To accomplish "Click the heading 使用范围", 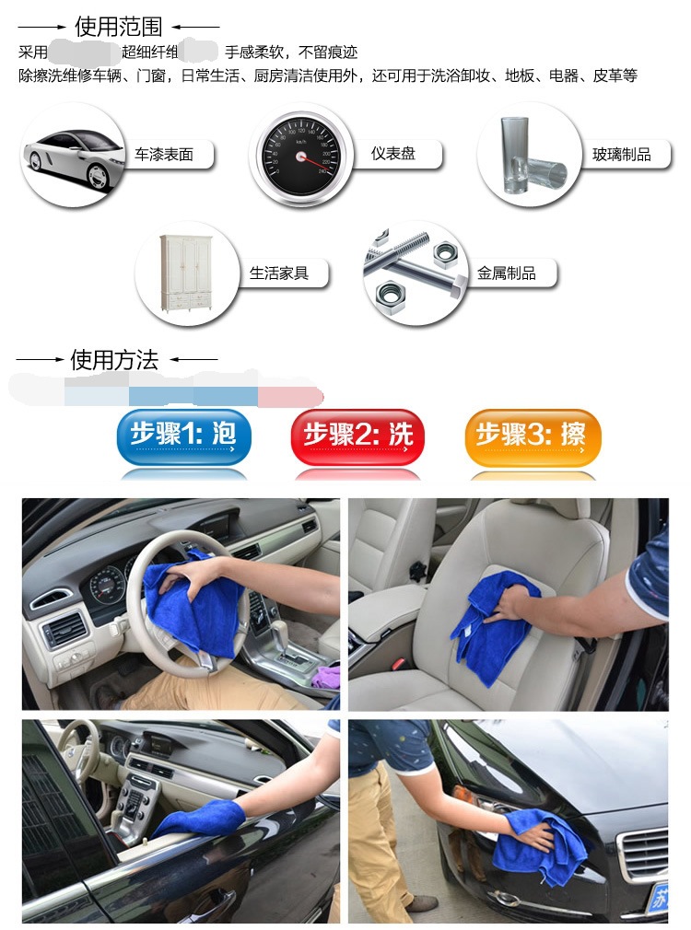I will click(x=118, y=27).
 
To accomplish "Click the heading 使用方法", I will click(x=115, y=359).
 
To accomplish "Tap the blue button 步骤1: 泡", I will click(x=182, y=436).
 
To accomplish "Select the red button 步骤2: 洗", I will click(x=357, y=436).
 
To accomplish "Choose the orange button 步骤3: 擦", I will click(x=532, y=436).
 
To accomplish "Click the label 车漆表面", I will click(x=164, y=155).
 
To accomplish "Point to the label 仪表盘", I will click(x=393, y=154).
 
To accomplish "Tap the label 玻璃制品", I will click(x=621, y=155).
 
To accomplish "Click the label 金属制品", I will click(x=506, y=273).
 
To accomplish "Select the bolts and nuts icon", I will click(x=415, y=273).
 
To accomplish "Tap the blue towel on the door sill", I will click(x=198, y=818).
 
